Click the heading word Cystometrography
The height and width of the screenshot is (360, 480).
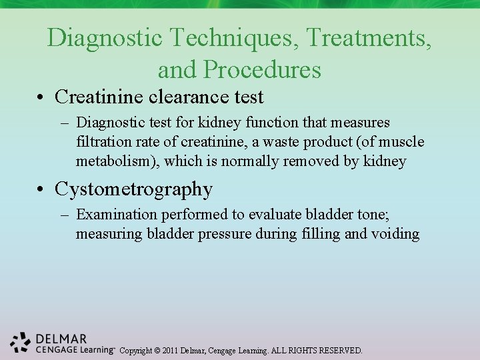133,189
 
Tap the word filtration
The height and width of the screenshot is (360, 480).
103,142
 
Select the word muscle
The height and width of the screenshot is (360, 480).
403,142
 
